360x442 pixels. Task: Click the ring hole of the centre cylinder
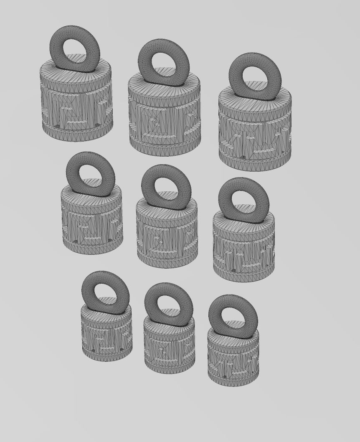166,188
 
